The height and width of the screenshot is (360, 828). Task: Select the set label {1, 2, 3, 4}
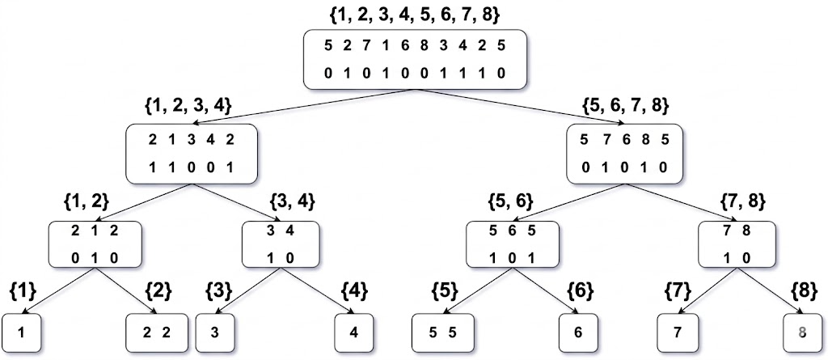pyautogui.click(x=188, y=105)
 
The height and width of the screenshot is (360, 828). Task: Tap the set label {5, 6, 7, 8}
pyautogui.click(x=626, y=105)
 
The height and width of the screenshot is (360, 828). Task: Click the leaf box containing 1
pyautogui.click(x=23, y=332)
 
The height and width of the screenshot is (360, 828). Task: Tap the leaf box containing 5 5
pyautogui.click(x=440, y=332)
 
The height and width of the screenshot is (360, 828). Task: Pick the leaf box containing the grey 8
pyautogui.click(x=802, y=332)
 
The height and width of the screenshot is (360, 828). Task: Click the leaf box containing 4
pyautogui.click(x=357, y=332)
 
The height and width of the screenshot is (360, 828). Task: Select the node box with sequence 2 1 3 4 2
pyautogui.click(x=191, y=153)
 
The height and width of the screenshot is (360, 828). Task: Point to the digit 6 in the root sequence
pyautogui.click(x=404, y=45)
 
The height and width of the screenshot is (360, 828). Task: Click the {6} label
pyautogui.click(x=581, y=289)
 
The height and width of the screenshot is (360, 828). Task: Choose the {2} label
pyautogui.click(x=158, y=289)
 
